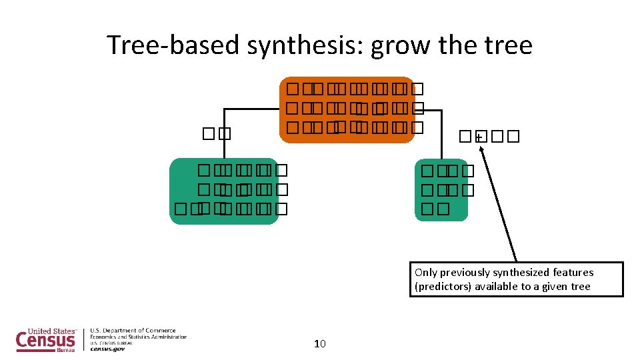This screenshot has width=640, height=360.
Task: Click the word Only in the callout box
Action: tap(425, 272)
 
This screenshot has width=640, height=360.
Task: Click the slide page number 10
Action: tap(319, 344)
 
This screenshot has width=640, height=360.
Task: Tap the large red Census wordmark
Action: tap(45, 339)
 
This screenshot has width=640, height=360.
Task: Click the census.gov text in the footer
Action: tap(107, 349)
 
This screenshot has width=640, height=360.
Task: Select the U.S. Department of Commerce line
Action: tap(133, 330)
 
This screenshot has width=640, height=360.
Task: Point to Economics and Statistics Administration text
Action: tap(139, 337)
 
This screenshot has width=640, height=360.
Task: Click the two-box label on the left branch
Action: tap(215, 133)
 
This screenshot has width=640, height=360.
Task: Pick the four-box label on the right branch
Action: tap(488, 137)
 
